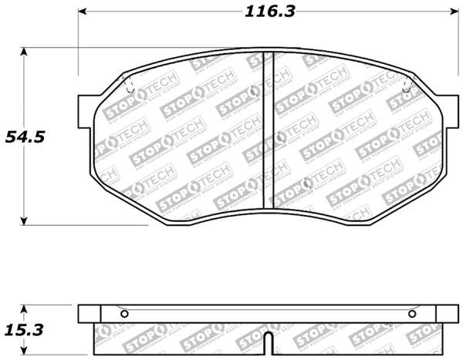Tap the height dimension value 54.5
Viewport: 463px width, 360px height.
[26, 137]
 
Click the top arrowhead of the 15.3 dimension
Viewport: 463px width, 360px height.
[25, 308]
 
